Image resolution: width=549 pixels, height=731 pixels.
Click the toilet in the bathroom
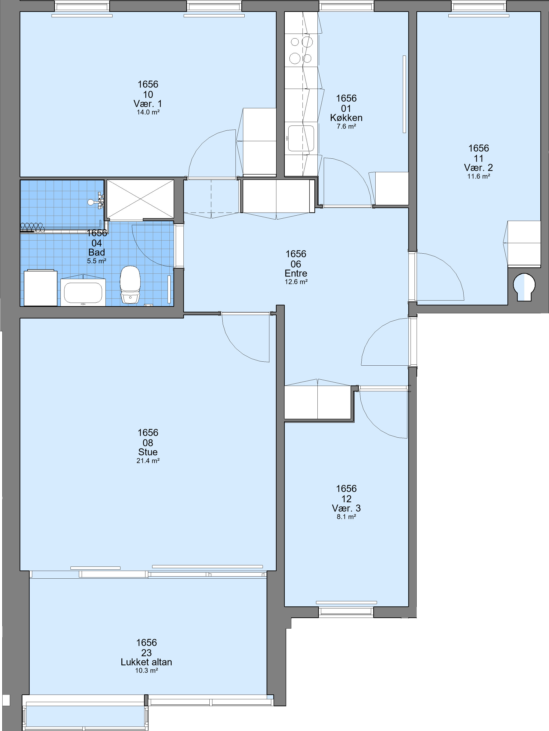(130, 285)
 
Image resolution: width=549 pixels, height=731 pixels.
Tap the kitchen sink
(301, 138)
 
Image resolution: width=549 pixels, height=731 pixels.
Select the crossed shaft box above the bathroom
(140, 200)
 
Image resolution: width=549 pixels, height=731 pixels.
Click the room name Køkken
(346, 118)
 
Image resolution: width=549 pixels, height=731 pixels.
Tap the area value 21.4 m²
(148, 461)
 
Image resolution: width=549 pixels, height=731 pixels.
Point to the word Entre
(296, 273)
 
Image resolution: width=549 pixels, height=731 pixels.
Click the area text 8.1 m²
(346, 517)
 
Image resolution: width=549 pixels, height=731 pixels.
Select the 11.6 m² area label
(478, 176)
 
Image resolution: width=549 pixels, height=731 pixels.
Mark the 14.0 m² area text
(148, 112)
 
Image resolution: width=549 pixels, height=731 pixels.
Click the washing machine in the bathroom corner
(40, 288)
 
